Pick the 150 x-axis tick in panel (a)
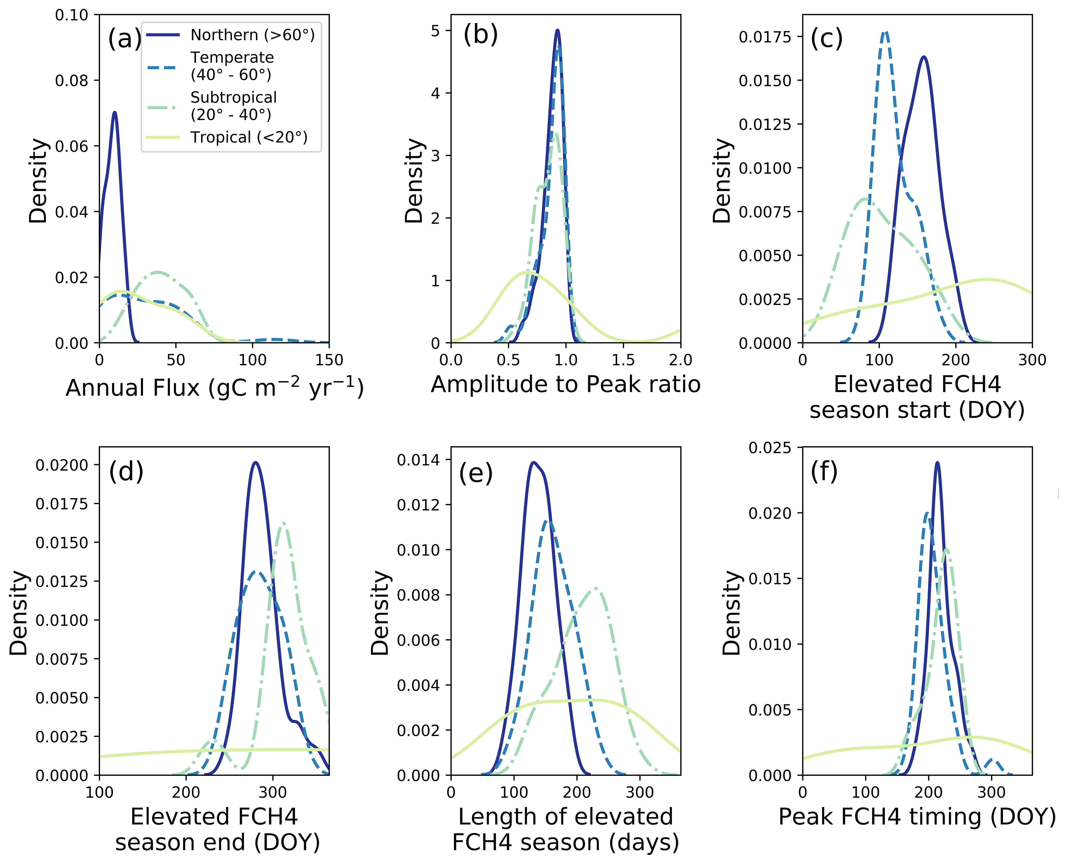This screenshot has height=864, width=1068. (x=329, y=360)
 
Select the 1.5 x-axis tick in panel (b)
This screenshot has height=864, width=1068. (x=623, y=360)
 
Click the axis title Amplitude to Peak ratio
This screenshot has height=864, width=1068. (x=565, y=384)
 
